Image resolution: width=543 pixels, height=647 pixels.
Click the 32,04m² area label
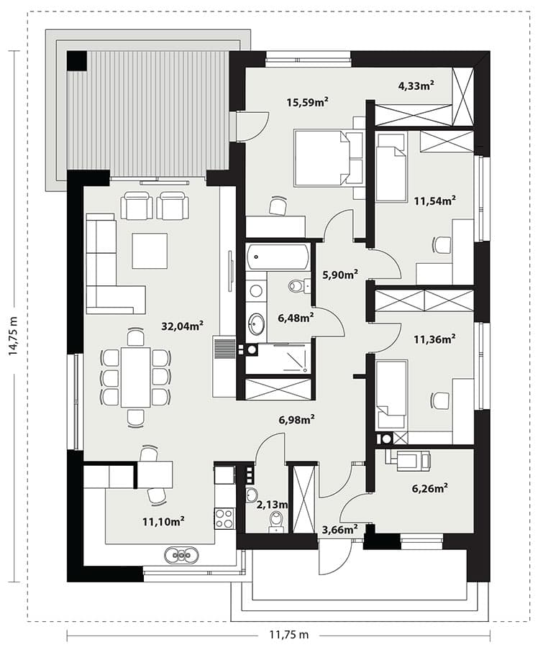point(182,326)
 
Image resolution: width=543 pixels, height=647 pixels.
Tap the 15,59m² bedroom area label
point(308,101)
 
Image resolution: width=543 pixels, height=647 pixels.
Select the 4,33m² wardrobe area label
point(416,86)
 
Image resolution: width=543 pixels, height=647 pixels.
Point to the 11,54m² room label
point(435,201)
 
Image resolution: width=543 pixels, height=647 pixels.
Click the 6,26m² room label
point(430,489)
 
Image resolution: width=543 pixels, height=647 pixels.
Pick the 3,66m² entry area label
point(339,529)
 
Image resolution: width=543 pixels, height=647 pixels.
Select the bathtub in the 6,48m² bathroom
point(278,257)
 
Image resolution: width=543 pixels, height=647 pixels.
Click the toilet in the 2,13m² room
point(275,520)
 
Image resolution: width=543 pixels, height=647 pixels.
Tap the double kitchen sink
point(181,555)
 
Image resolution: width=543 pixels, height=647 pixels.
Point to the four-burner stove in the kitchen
point(224,518)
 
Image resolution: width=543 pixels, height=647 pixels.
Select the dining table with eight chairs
point(135,377)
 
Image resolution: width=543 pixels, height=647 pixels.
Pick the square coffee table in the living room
point(150,251)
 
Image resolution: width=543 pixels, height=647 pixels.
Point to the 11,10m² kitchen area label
point(163,522)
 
